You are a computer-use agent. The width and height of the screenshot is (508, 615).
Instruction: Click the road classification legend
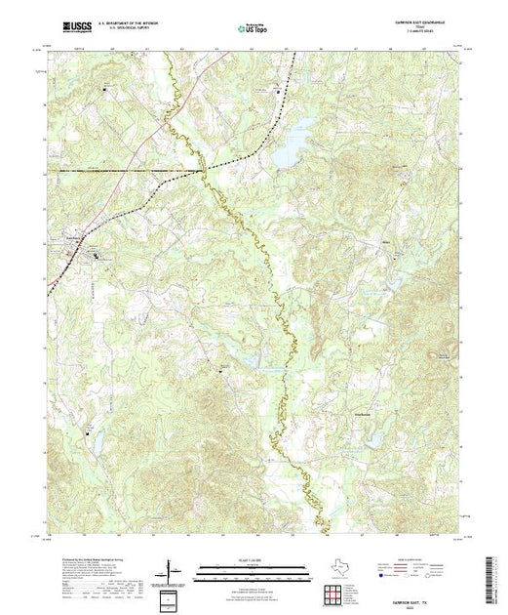[419, 564]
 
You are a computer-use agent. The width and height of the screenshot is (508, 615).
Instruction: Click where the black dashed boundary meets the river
[205, 170]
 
